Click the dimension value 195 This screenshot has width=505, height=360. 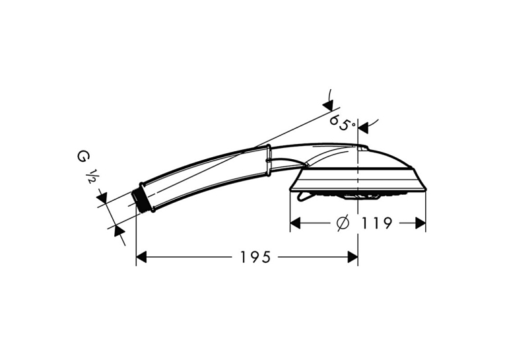(255, 257)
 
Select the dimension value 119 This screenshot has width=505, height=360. (376, 223)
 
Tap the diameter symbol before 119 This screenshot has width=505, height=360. (343, 223)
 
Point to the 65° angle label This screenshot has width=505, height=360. (342, 122)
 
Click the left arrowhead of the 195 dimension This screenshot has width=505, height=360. (141, 257)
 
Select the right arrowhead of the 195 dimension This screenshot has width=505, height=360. (353, 257)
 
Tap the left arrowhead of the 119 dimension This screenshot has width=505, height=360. (295, 223)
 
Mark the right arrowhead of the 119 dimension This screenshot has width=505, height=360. (421, 223)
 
